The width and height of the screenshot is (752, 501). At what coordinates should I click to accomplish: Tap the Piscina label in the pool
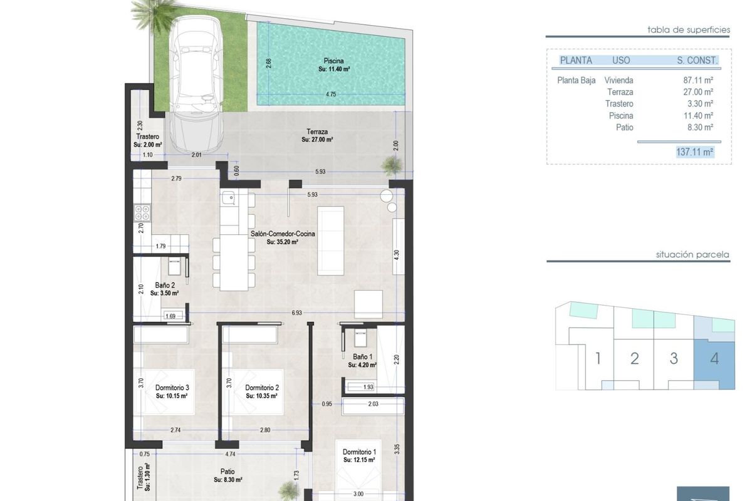pyautogui.click(x=333, y=61)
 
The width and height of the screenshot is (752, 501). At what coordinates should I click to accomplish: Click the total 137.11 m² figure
pyautogui.click(x=696, y=152)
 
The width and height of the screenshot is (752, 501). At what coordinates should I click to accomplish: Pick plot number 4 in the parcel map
pyautogui.click(x=714, y=359)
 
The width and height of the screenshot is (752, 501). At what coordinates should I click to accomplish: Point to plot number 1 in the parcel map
pyautogui.click(x=598, y=359)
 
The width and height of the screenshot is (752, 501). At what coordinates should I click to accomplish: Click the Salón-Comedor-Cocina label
pyautogui.click(x=283, y=234)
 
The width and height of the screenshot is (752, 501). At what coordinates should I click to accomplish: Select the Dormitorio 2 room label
pyautogui.click(x=261, y=388)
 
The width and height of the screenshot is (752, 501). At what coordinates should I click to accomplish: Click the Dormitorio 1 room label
pyautogui.click(x=360, y=452)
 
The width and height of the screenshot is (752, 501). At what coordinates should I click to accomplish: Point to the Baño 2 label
pyautogui.click(x=166, y=285)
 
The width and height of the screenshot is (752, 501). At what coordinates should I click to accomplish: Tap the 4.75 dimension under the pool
pyautogui.click(x=331, y=94)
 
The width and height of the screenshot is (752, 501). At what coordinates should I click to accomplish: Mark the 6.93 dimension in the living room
pyautogui.click(x=296, y=312)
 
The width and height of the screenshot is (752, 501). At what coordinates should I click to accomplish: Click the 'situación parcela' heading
pyautogui.click(x=692, y=255)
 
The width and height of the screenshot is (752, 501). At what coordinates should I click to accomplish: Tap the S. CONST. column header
pyautogui.click(x=697, y=61)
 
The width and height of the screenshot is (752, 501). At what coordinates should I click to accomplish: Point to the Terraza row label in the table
pyautogui.click(x=620, y=92)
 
